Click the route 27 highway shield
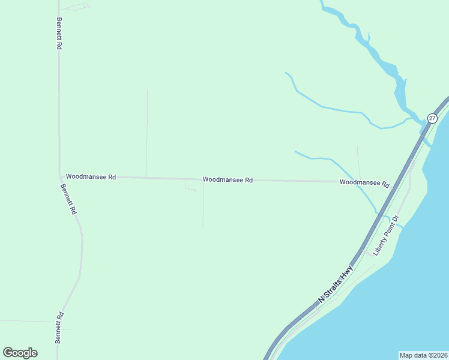tap(432, 118)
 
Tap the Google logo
tap(20, 353)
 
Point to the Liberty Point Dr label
tap(386, 235)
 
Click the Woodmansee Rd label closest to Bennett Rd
tap(91, 176)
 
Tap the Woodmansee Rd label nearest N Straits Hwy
tap(364, 182)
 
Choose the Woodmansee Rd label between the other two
tap(228, 179)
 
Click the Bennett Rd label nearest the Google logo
tap(59, 327)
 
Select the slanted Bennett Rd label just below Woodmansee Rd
tap(68, 199)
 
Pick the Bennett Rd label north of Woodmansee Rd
tap(59, 34)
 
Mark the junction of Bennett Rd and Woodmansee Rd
tap(60, 176)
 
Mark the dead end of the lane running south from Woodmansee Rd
tap(203, 228)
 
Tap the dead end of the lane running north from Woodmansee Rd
tap(147, 90)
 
